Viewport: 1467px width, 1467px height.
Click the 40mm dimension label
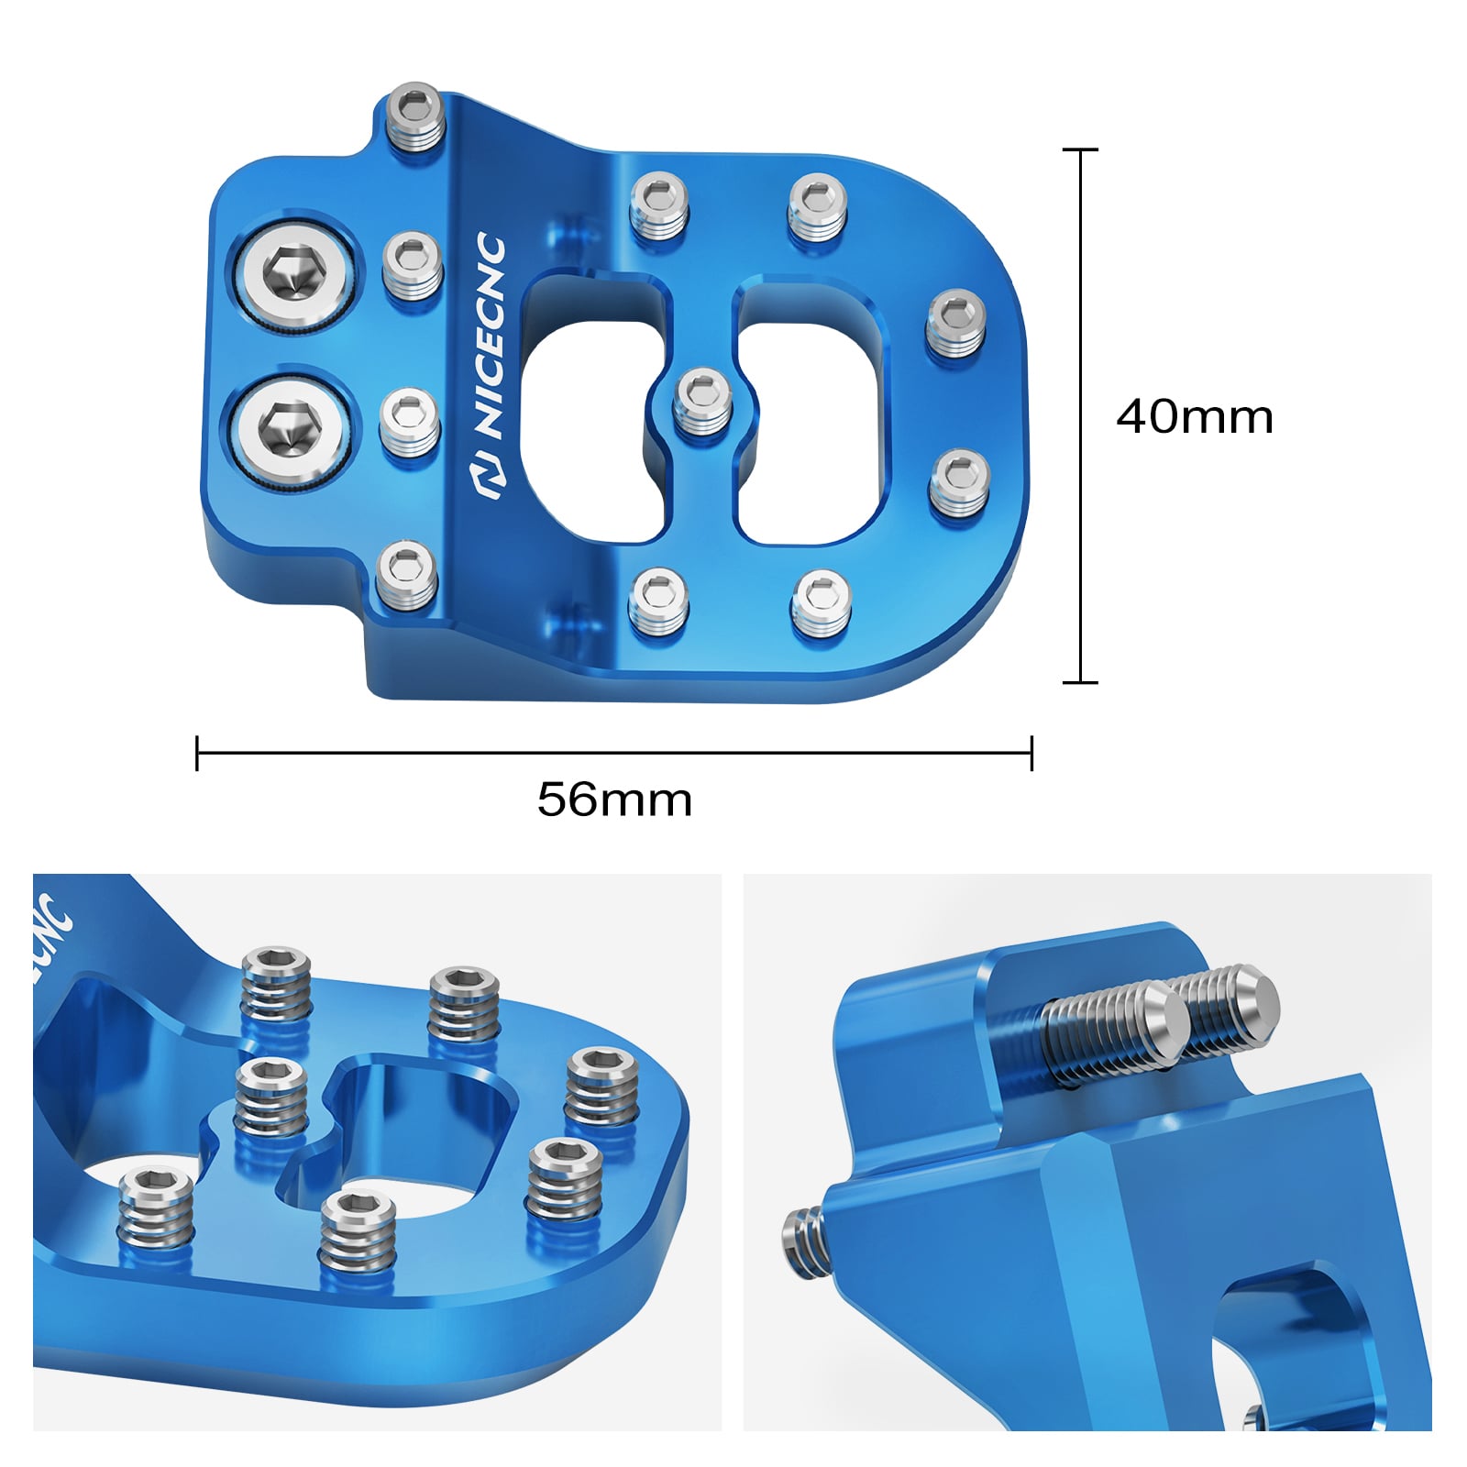point(1194,417)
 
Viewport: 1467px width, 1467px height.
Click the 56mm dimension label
point(613,800)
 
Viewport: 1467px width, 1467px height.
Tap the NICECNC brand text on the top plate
point(491,335)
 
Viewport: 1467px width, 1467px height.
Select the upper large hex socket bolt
point(294,272)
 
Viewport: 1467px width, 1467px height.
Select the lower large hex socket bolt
point(289,429)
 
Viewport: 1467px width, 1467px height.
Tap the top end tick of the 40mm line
point(1080,149)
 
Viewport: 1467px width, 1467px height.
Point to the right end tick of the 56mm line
point(1031,753)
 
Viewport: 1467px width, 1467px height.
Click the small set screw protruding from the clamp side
point(802,1242)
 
